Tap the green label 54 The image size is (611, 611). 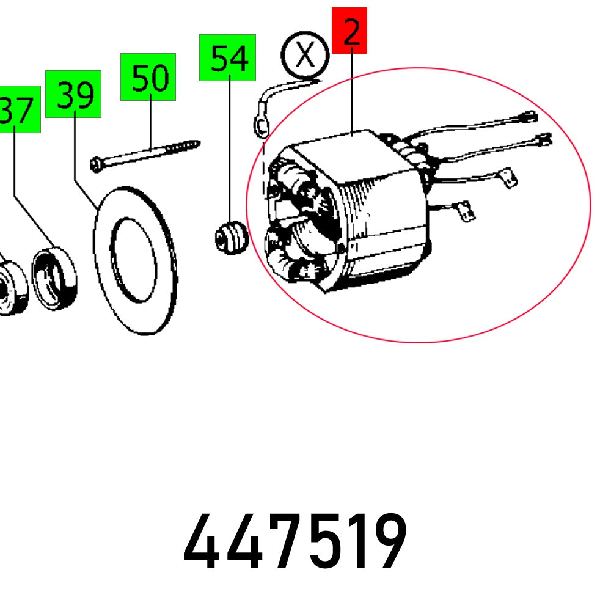pyautogui.click(x=227, y=57)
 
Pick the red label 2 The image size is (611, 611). pyautogui.click(x=349, y=31)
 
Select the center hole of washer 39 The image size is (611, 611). pyautogui.click(x=134, y=260)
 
